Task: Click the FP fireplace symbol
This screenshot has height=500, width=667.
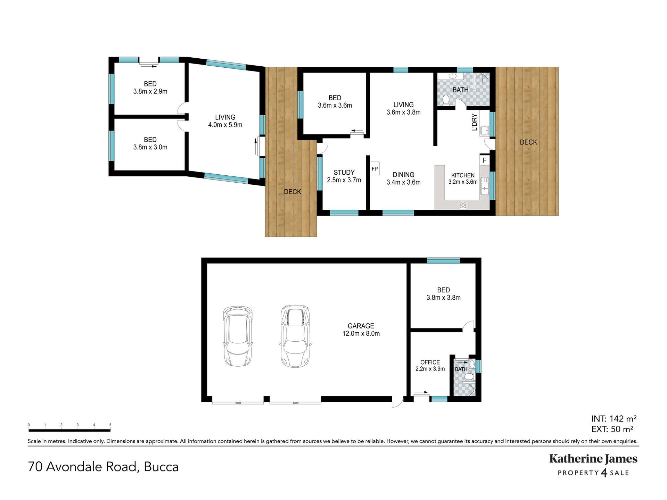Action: (x=374, y=168)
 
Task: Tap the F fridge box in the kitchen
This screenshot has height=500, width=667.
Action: (x=485, y=160)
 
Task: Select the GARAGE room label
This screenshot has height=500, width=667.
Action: (x=361, y=326)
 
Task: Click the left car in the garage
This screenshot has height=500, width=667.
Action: (x=238, y=336)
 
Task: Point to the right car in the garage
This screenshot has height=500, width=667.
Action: (x=295, y=336)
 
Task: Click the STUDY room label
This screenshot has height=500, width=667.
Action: (x=344, y=173)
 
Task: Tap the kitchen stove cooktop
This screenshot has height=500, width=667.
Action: (x=463, y=205)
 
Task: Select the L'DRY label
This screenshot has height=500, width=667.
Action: (x=475, y=122)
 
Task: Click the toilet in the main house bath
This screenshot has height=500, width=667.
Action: (x=446, y=100)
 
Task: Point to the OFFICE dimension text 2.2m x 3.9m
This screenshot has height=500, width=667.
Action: (x=430, y=369)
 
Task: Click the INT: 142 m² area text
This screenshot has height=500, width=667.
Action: (x=614, y=419)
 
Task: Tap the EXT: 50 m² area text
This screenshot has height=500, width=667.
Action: (x=612, y=429)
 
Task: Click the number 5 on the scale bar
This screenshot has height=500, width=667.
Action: (x=110, y=425)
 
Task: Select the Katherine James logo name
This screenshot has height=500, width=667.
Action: (x=593, y=459)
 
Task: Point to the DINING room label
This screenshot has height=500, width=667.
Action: (x=403, y=175)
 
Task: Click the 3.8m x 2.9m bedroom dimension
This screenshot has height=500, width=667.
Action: (x=150, y=91)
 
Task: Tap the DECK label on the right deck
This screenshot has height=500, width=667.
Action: (x=528, y=142)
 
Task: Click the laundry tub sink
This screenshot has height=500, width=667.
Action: (x=485, y=131)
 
